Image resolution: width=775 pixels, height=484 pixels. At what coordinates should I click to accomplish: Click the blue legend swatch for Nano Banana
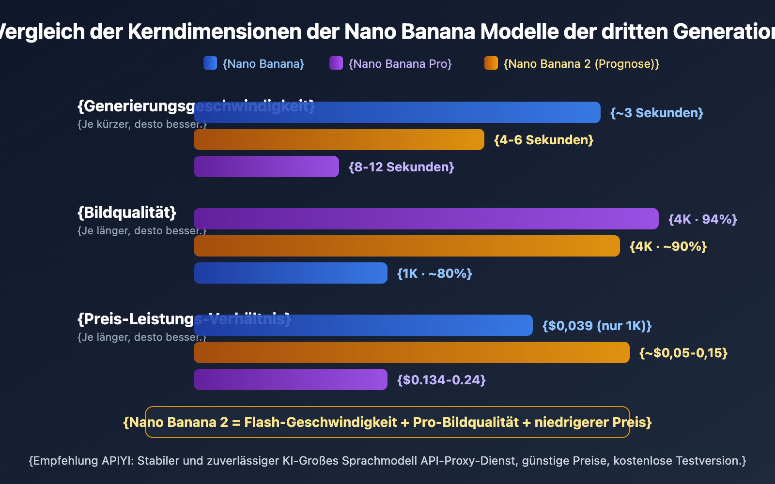click(210, 63)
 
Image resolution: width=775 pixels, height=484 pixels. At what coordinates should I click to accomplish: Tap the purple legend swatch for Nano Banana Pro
click(336, 63)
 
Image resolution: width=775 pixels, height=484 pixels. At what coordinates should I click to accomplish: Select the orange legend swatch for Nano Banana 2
click(491, 63)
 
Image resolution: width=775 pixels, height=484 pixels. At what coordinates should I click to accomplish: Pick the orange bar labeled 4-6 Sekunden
click(339, 139)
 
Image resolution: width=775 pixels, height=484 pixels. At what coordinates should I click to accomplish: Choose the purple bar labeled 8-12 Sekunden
click(266, 166)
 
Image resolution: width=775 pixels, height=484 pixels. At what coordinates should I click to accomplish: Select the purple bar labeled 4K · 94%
click(426, 219)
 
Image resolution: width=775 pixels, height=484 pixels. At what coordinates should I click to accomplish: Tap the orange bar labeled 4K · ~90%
click(407, 246)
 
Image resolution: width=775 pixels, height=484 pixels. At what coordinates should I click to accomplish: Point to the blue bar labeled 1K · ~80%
click(291, 273)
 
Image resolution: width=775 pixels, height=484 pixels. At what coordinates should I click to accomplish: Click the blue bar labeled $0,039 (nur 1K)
click(363, 325)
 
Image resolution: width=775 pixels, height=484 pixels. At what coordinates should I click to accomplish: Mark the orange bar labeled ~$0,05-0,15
click(412, 352)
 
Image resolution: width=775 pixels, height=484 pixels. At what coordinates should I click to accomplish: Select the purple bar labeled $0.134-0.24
click(291, 379)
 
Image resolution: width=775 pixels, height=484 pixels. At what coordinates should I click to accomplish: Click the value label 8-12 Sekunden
click(402, 167)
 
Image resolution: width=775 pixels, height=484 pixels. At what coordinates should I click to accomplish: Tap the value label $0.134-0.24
click(441, 380)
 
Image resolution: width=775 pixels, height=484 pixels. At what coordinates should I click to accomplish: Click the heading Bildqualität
click(127, 212)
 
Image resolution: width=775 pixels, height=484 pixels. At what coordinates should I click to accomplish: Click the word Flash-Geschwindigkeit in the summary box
click(321, 423)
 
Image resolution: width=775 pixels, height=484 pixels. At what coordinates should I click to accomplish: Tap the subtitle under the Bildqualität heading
click(142, 231)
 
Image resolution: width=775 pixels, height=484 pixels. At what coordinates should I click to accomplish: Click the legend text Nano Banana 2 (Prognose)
click(581, 64)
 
